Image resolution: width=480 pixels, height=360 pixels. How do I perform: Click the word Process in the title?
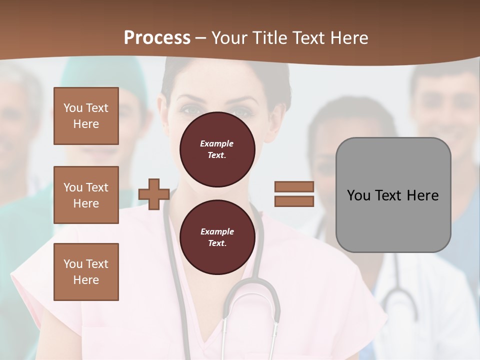157,38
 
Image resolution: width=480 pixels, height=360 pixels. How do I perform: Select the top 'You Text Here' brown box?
86,116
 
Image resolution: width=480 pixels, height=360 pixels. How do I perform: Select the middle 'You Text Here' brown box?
86,195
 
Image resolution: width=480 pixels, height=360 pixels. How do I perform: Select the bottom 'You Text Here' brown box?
86,271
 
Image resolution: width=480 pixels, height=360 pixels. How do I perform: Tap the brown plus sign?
154,194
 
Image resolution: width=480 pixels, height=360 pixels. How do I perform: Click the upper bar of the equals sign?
294,187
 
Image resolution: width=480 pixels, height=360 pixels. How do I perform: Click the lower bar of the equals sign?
294,201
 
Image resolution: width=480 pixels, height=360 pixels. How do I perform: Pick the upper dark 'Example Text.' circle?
217,149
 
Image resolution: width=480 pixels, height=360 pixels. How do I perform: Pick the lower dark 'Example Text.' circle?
217,237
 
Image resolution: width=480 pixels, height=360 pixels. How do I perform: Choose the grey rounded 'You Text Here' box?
393,195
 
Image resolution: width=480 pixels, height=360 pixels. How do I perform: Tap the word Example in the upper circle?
217,143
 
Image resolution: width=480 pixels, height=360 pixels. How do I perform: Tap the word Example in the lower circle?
217,231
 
